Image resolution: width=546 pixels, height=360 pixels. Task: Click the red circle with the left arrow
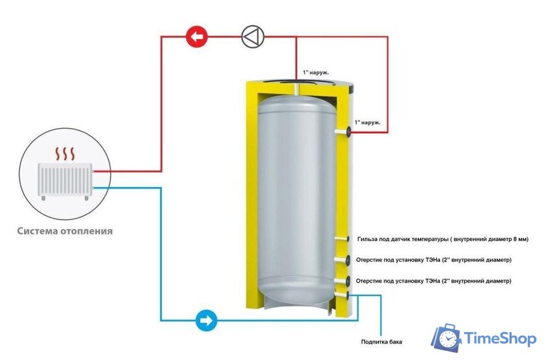(x=197, y=36)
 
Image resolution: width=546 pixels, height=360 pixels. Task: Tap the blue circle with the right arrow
(x=207, y=320)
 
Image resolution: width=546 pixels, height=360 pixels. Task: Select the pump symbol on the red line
(x=253, y=36)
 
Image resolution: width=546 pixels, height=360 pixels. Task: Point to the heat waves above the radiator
(x=65, y=153)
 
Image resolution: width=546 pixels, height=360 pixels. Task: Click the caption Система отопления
(x=65, y=231)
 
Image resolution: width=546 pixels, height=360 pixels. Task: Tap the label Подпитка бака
(x=382, y=342)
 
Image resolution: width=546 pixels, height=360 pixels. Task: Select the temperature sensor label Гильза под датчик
(x=443, y=239)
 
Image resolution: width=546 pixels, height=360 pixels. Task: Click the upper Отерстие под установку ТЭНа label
(x=434, y=260)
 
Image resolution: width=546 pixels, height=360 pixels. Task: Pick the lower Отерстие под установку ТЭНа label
(x=434, y=281)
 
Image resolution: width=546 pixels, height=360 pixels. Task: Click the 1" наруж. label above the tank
(x=315, y=72)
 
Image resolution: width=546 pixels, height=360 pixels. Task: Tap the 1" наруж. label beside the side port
(x=367, y=123)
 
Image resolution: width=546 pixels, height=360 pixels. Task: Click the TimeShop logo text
(x=500, y=339)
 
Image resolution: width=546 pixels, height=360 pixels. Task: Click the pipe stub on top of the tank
(x=296, y=88)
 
